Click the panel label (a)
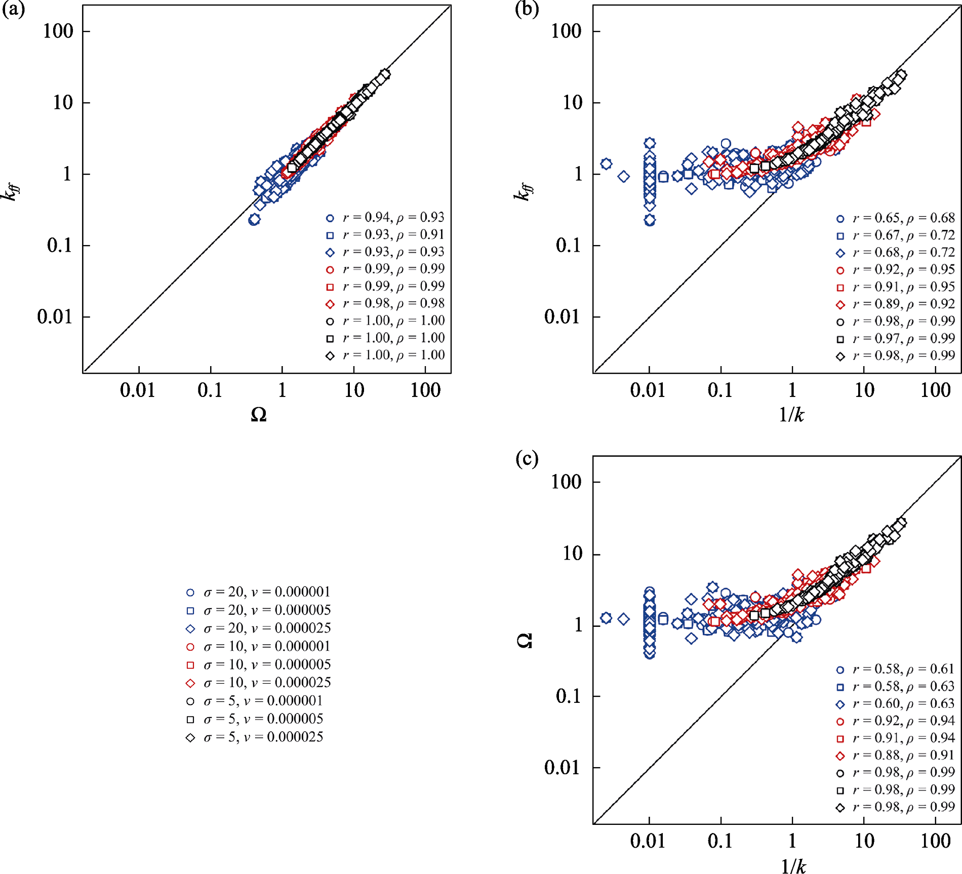coord(13,10)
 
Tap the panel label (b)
coord(527,10)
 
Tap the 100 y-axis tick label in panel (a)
coord(58,31)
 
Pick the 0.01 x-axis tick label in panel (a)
coord(137,390)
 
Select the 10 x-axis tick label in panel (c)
coord(864,841)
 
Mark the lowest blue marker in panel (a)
coord(254,220)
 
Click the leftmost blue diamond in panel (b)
coord(606,164)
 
